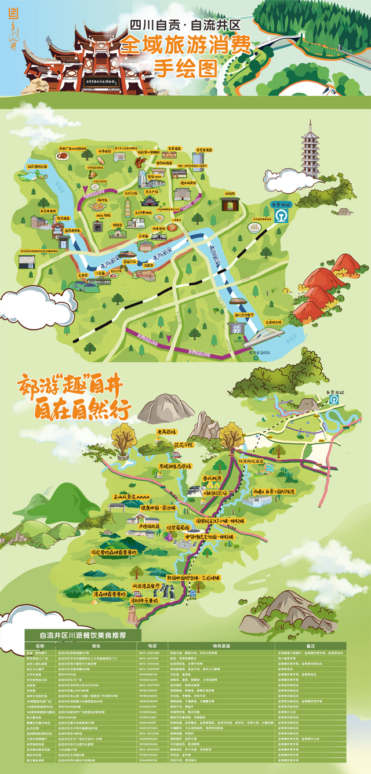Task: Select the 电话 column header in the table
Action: (x=152, y=645)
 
